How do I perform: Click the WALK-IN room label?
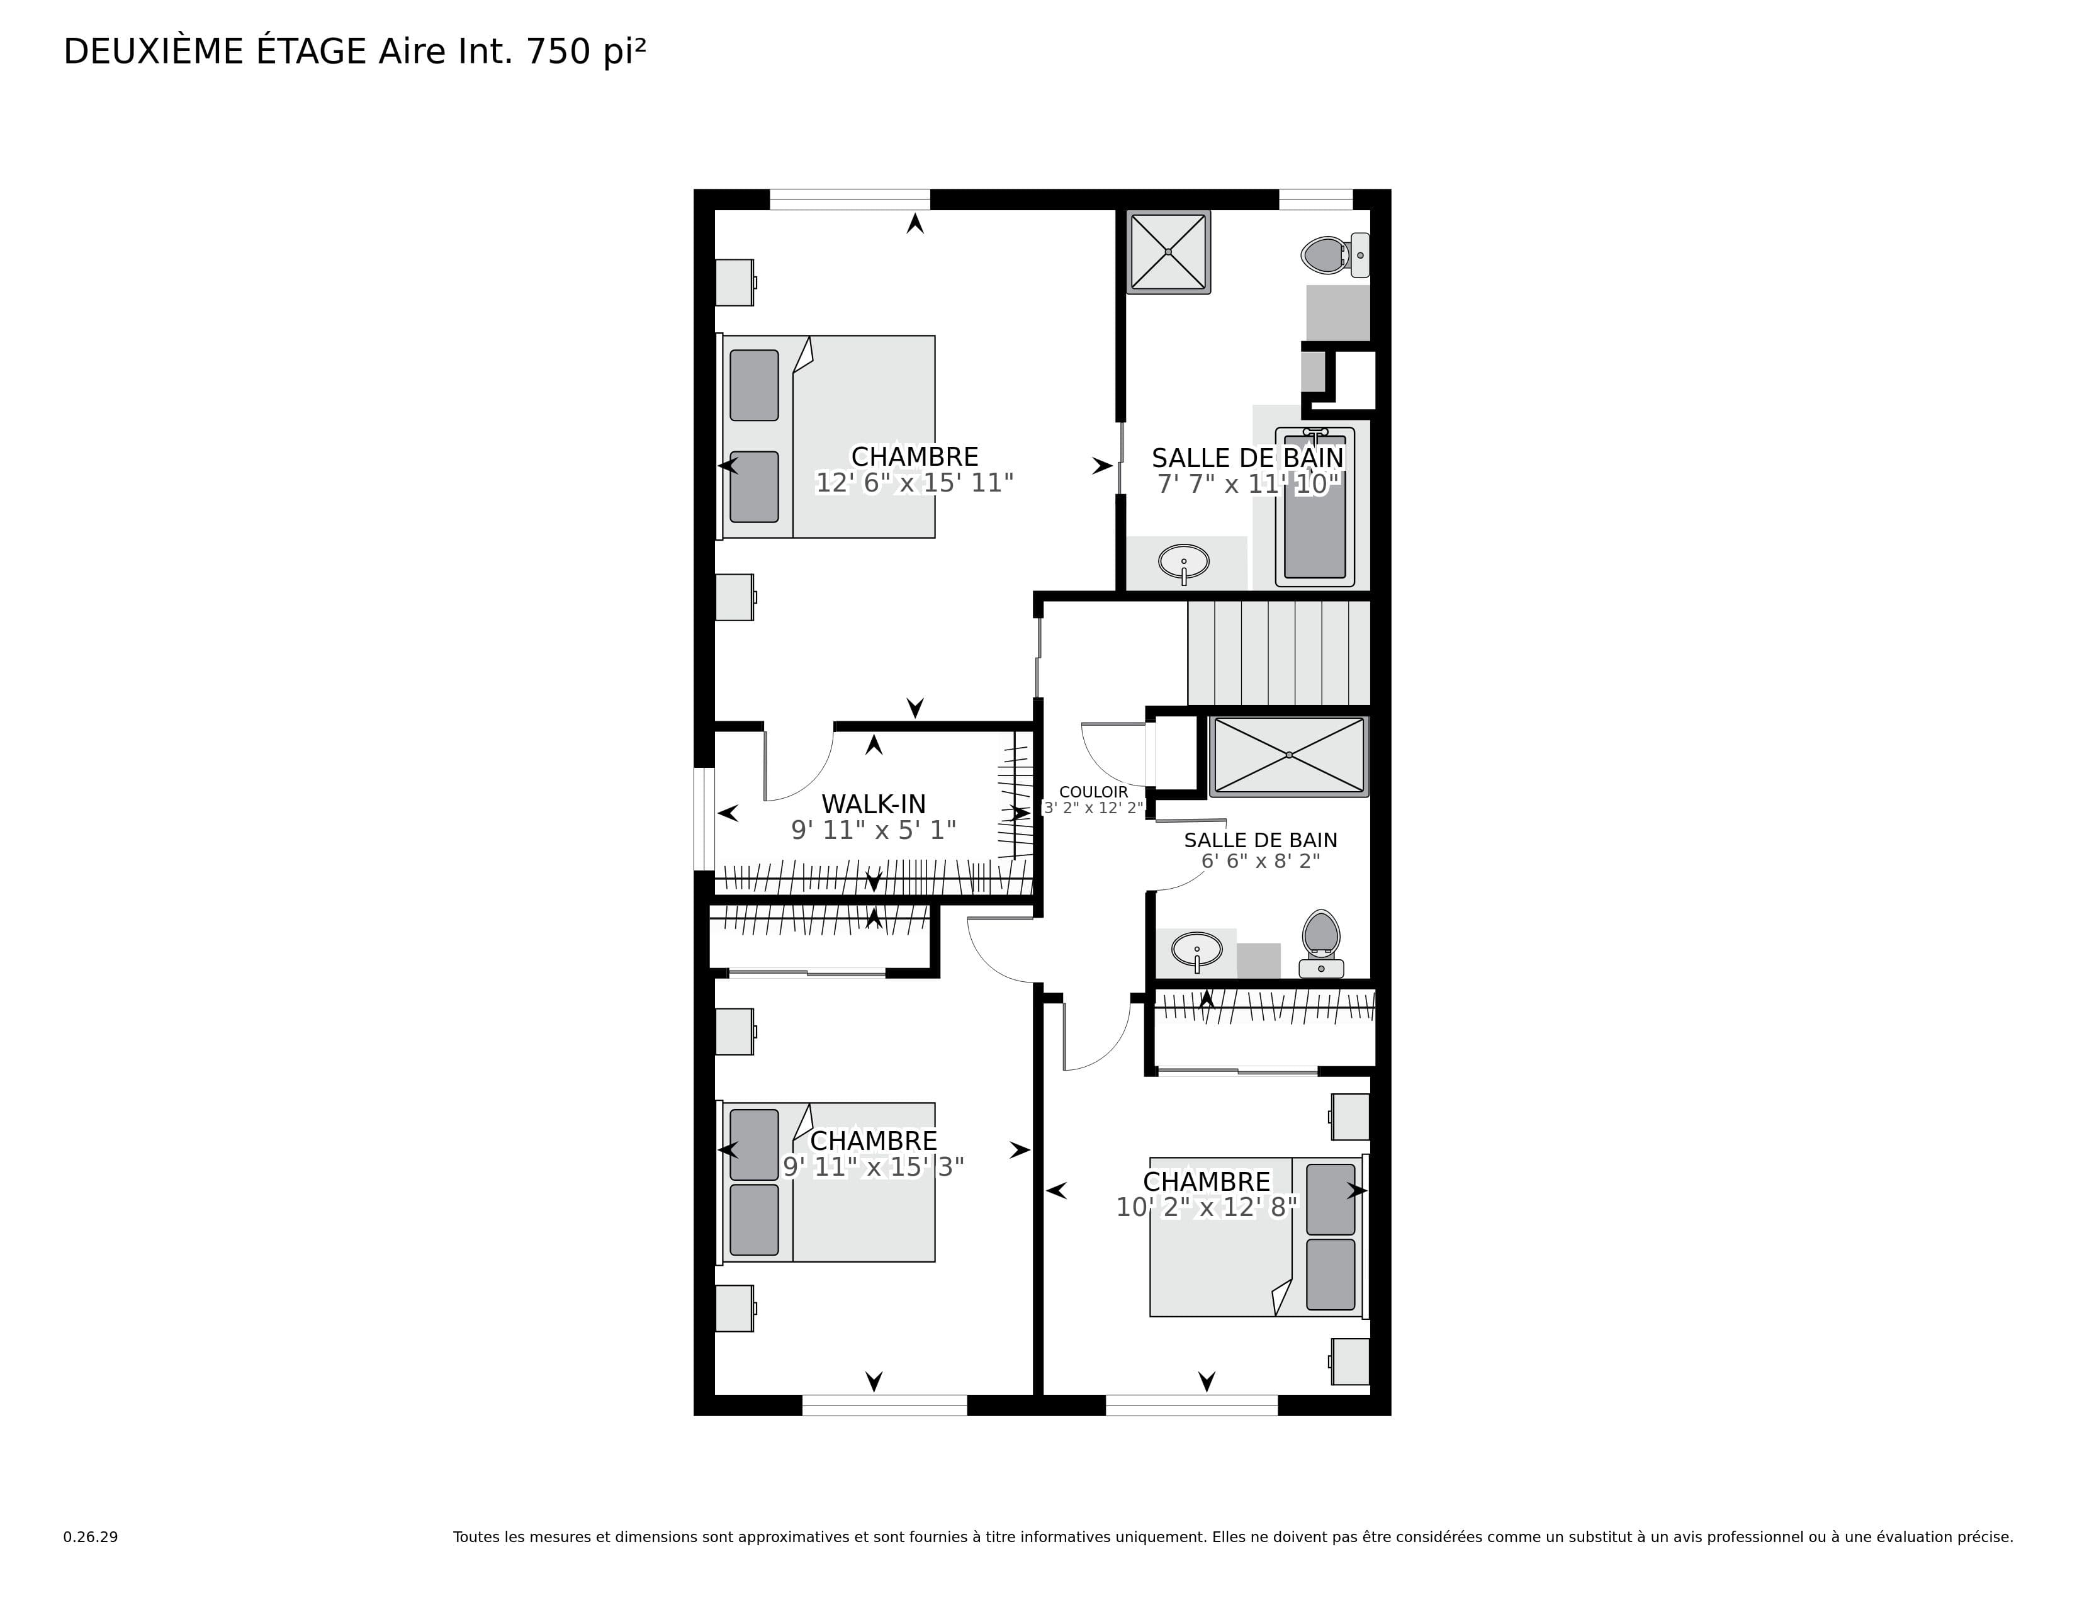click(873, 804)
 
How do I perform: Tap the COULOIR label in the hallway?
click(1094, 792)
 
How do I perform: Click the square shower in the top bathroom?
click(1169, 252)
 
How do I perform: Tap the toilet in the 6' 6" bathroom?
click(1321, 942)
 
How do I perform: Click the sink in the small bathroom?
click(1196, 950)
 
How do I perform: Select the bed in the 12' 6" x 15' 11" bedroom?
click(826, 436)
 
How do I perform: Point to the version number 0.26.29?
click(91, 1536)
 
